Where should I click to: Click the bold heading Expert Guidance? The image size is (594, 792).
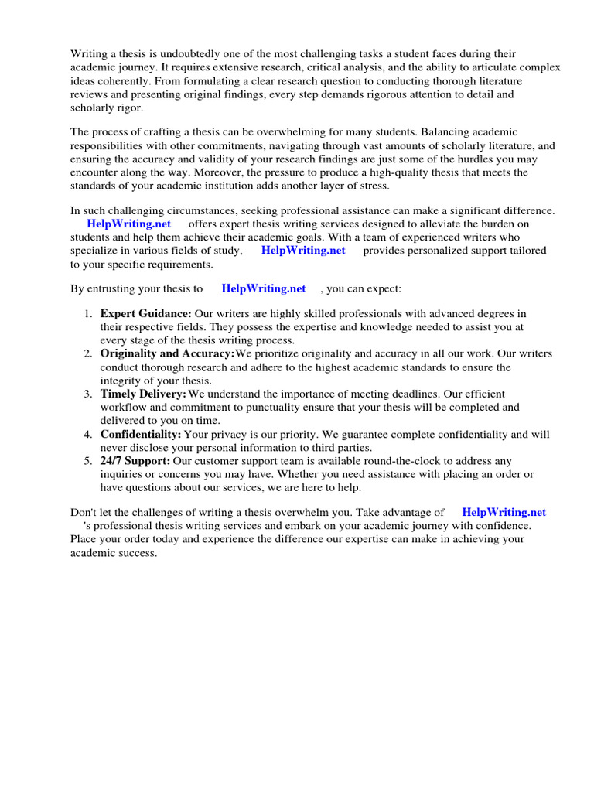tap(146, 313)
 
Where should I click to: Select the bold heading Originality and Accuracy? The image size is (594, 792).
tap(167, 353)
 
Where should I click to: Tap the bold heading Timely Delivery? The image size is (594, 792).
tap(143, 394)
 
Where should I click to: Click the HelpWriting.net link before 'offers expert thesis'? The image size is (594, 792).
tap(129, 224)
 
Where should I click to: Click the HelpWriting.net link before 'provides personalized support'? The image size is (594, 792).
tap(303, 251)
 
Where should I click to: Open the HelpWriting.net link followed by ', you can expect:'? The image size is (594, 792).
tap(264, 288)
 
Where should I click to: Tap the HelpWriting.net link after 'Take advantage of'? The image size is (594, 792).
tap(504, 512)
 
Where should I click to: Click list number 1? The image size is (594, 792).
tap(87, 313)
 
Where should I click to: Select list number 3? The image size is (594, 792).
tap(87, 394)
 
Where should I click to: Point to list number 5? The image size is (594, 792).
tap(87, 461)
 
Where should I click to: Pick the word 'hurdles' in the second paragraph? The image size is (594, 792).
tap(459, 159)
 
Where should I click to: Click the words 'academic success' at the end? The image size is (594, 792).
tap(114, 553)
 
